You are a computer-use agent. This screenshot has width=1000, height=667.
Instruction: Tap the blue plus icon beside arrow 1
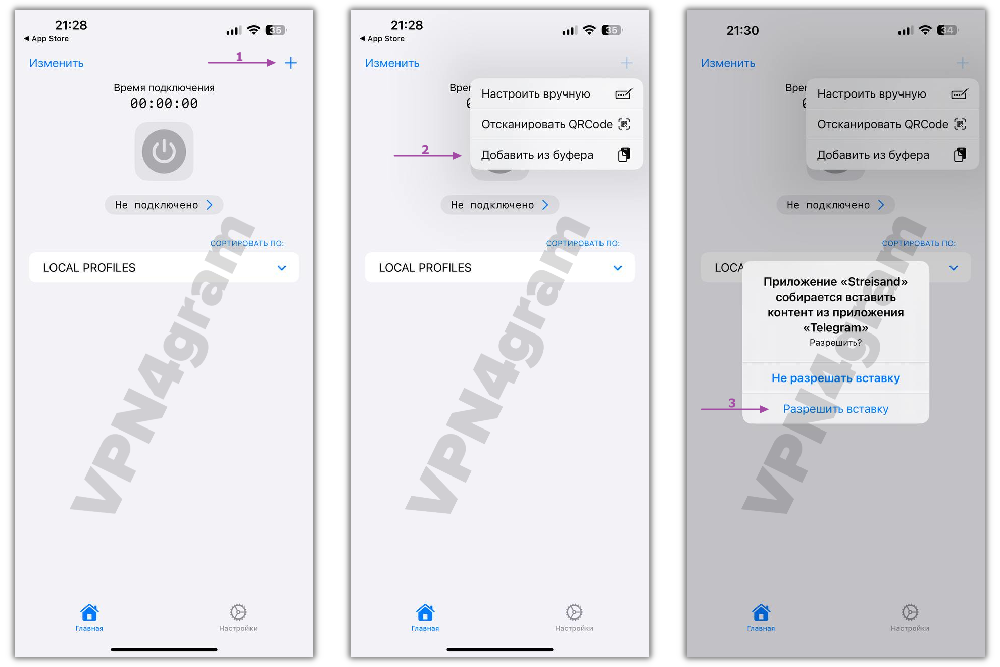coord(291,63)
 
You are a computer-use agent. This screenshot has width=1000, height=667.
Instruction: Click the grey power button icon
coord(164,152)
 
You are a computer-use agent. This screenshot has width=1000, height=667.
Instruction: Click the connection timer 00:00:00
coord(164,104)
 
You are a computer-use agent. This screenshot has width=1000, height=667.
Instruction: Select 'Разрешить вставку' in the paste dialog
coord(835,409)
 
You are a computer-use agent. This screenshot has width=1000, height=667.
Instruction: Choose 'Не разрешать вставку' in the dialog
coord(835,378)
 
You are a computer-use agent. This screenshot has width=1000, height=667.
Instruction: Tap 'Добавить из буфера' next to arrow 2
coord(537,155)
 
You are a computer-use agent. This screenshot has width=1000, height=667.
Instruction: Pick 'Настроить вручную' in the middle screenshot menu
coord(536,94)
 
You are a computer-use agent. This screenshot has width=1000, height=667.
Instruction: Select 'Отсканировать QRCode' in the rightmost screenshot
coord(883,124)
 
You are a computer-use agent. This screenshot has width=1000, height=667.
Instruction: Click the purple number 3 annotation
coord(732,403)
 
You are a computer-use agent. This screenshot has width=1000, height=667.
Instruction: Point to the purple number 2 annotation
coord(425,150)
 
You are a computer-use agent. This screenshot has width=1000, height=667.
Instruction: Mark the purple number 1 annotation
coord(239,57)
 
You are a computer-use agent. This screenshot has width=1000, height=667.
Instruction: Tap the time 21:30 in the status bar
coord(742,31)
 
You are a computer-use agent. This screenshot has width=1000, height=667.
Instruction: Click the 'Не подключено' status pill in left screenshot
coord(164,205)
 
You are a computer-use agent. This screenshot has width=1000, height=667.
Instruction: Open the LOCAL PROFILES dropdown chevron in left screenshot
coord(282,268)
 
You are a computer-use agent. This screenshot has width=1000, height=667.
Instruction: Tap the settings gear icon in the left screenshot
coord(238,612)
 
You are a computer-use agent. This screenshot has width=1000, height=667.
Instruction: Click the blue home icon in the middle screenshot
coord(425,612)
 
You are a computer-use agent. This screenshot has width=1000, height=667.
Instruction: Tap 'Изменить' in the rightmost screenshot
coord(728,63)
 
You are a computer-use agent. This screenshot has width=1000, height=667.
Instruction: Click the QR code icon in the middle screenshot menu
coord(624,124)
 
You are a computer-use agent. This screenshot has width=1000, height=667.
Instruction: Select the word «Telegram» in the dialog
coord(835,327)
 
